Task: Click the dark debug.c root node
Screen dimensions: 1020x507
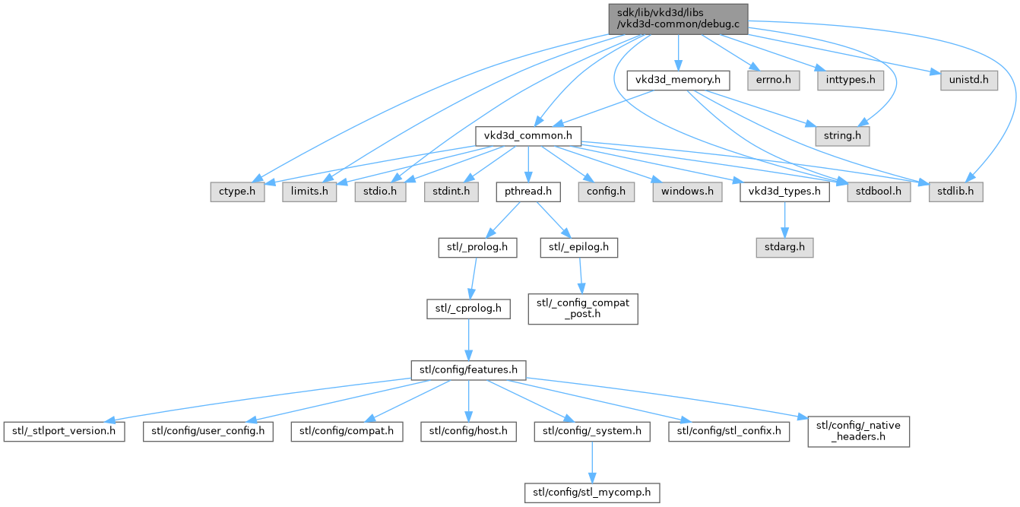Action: (x=678, y=19)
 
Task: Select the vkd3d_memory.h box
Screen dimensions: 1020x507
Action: (x=678, y=80)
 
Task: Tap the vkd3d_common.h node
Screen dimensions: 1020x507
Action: (x=528, y=136)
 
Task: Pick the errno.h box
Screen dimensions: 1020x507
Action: (x=773, y=80)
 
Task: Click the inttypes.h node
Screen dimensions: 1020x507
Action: (x=851, y=80)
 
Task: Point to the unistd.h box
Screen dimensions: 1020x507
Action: (x=969, y=80)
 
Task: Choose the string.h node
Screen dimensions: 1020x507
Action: (x=842, y=136)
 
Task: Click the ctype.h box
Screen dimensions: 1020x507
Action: (x=237, y=192)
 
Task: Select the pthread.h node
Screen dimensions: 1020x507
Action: (x=528, y=192)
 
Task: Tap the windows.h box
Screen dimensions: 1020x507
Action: (x=687, y=192)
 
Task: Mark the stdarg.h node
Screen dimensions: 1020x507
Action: (x=784, y=247)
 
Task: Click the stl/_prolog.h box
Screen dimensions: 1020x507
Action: (x=477, y=247)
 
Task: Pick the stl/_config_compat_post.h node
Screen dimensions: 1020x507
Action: (x=583, y=309)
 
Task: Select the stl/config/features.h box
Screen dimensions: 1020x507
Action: (x=468, y=370)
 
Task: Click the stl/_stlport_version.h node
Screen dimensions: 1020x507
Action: (x=64, y=432)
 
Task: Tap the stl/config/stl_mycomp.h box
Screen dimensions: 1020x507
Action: (x=592, y=493)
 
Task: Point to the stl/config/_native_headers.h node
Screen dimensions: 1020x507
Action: (x=859, y=432)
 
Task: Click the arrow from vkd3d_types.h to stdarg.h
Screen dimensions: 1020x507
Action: (x=784, y=220)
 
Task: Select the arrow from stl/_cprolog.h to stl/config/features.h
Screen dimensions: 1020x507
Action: (x=468, y=340)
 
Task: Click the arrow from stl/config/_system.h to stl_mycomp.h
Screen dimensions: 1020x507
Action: (x=592, y=462)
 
